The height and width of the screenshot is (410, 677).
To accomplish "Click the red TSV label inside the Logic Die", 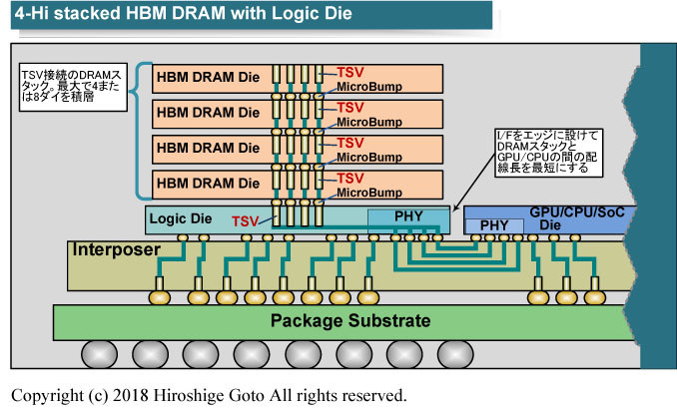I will [247, 220].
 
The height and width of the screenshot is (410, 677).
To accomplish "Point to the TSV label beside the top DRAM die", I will [350, 73].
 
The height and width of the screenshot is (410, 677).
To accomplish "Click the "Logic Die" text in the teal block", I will [180, 216].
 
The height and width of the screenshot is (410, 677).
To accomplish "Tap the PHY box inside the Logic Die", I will [408, 217].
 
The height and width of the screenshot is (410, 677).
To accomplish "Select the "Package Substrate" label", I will [350, 321].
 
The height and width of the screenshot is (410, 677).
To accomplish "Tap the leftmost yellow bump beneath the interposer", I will [161, 296].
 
